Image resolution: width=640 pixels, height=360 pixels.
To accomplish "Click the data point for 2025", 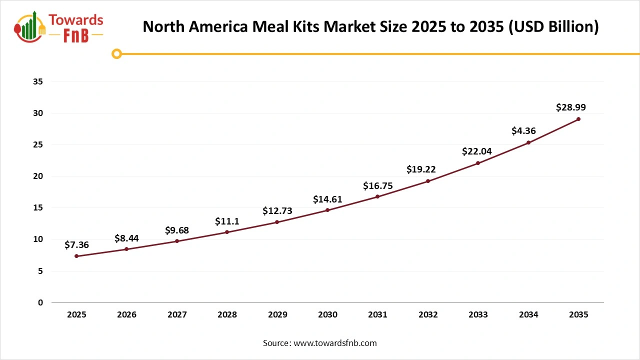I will click(x=76, y=256).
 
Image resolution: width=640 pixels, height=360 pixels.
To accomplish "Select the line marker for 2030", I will click(x=327, y=210).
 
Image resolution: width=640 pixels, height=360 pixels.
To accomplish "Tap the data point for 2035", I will click(x=578, y=119).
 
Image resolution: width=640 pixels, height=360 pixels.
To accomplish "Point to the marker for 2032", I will click(x=428, y=181).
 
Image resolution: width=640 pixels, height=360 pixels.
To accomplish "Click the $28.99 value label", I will click(x=570, y=107).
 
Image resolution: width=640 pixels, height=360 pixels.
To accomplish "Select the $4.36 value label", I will click(x=523, y=131).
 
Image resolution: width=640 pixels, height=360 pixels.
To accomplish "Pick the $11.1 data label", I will click(x=227, y=221).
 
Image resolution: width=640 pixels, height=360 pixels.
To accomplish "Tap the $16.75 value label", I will click(x=377, y=186).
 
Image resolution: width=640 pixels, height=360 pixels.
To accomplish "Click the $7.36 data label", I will click(x=76, y=245).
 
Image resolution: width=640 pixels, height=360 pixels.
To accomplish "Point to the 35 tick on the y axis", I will click(x=38, y=81).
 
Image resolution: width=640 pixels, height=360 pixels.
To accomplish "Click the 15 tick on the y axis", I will click(x=38, y=208).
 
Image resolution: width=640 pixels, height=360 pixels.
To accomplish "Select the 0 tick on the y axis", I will click(x=40, y=302).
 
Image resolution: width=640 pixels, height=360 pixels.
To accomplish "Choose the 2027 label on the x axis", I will click(x=177, y=315).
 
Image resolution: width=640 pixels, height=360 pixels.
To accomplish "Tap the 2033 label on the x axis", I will click(x=478, y=315).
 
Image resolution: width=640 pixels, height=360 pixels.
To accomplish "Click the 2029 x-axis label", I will click(x=277, y=315).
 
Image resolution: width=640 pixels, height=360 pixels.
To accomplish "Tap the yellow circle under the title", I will click(x=116, y=53).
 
